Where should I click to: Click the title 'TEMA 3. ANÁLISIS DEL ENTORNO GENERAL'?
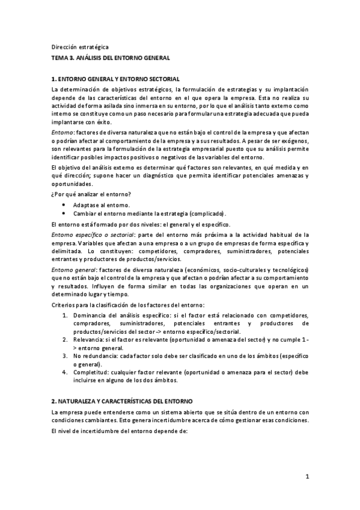point(111,58)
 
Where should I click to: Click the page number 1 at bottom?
point(307,478)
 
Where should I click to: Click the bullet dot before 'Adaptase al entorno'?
point(63,205)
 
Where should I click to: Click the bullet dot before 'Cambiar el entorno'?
point(63,214)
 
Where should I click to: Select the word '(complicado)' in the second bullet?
point(207,214)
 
